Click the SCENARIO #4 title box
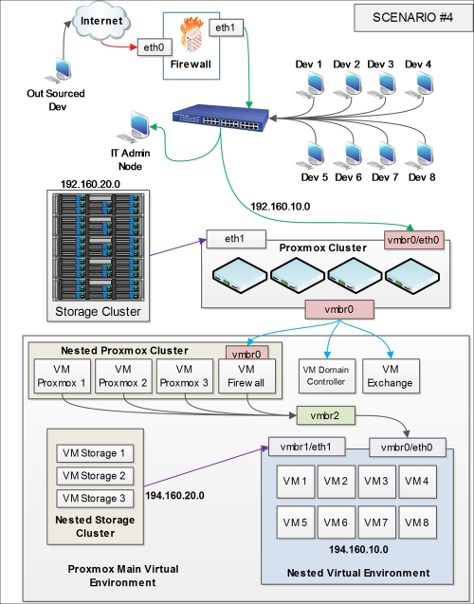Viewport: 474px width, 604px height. point(412,18)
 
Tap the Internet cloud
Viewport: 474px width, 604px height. point(101,21)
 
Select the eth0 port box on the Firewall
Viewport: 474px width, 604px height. point(155,47)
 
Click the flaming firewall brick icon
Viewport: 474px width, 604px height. point(191,34)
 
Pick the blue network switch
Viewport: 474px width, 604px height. point(221,118)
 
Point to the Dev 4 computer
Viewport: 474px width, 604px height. point(420,85)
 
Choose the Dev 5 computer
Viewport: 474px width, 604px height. point(311,156)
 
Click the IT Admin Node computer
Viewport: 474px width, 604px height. point(134,126)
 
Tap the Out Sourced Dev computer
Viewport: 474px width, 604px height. point(59,70)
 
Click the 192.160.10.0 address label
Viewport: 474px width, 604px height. point(281,207)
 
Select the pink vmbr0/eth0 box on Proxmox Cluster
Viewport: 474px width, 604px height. point(413,240)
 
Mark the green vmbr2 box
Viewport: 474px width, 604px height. point(326,415)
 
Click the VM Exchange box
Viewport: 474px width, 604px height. point(391,376)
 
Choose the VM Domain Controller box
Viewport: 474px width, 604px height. point(326,376)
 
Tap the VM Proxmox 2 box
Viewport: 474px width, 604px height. point(123,376)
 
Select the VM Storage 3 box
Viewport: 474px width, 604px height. point(95,499)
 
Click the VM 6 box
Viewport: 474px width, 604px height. point(337,522)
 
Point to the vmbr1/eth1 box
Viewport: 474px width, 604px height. point(306,447)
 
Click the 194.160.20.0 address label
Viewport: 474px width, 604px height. point(174,496)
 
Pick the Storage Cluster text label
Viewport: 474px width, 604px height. point(99,312)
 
